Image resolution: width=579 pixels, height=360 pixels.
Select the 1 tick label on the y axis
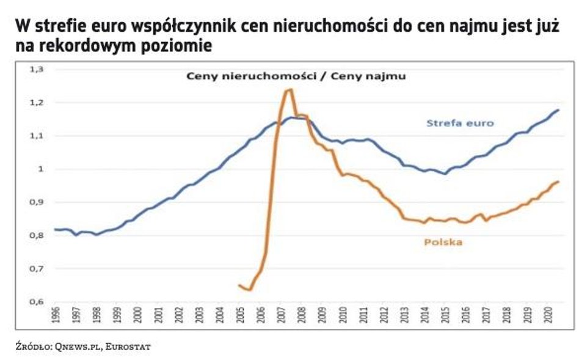(40, 169)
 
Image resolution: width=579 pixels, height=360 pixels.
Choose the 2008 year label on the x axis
(302, 315)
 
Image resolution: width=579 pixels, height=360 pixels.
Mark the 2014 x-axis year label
(425, 315)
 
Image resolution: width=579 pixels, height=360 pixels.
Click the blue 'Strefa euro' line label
(459, 123)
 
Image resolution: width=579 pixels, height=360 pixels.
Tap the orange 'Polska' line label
(443, 242)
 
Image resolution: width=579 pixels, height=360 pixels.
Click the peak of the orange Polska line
(290, 90)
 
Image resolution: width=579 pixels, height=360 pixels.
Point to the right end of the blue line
(558, 110)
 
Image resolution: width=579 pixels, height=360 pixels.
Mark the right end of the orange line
(558, 182)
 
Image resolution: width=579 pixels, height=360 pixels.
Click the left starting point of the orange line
(239, 285)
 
